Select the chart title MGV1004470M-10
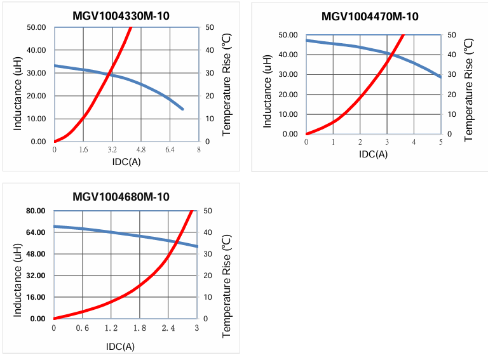click(x=370, y=17)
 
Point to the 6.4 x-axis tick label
click(x=170, y=150)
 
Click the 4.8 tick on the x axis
click(x=140, y=150)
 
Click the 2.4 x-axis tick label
click(x=168, y=328)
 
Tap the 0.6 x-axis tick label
click(x=83, y=328)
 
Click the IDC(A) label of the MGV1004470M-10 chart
click(x=373, y=154)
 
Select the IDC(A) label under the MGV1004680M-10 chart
click(x=120, y=346)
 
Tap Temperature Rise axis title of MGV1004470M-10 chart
click(x=469, y=89)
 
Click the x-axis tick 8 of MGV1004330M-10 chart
click(x=199, y=150)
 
